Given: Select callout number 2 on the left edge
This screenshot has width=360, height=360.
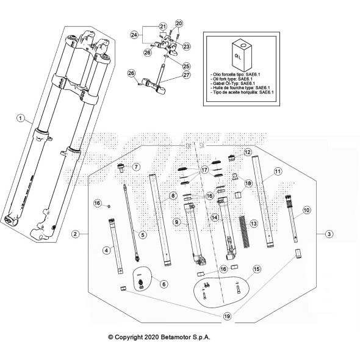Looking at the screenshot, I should pyautogui.click(x=74, y=234).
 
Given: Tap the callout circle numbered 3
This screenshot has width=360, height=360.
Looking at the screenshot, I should pyautogui.click(x=329, y=234).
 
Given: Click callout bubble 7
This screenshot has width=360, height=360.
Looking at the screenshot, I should pyautogui.click(x=136, y=167).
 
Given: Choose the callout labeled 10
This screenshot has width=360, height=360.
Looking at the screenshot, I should pyautogui.click(x=306, y=209).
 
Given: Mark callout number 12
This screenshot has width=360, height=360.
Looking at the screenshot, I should pyautogui.click(x=248, y=152).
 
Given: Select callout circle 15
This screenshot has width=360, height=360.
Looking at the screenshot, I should pyautogui.click(x=256, y=268).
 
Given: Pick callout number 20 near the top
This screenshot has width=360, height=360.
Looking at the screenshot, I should pyautogui.click(x=179, y=24).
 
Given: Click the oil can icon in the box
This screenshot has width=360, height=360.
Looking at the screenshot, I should pyautogui.click(x=240, y=54).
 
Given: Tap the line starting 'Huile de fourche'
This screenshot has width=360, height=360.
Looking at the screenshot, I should pyautogui.click(x=241, y=87).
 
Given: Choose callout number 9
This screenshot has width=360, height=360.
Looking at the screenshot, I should pyautogui.click(x=176, y=223).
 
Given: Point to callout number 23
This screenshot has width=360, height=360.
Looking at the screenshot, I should pyautogui.click(x=186, y=46).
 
